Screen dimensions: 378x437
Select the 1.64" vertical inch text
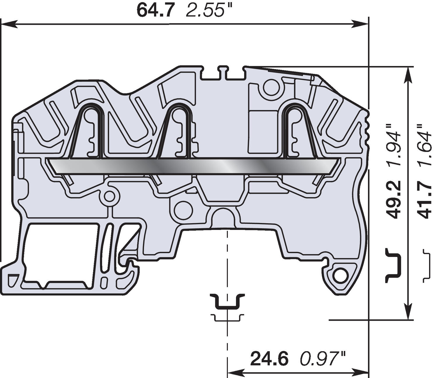pos(424,145)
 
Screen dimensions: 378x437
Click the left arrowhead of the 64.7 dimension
pos(9,24)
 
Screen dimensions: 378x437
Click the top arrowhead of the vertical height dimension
pos(410,74)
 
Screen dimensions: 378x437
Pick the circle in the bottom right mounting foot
pos(340,274)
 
